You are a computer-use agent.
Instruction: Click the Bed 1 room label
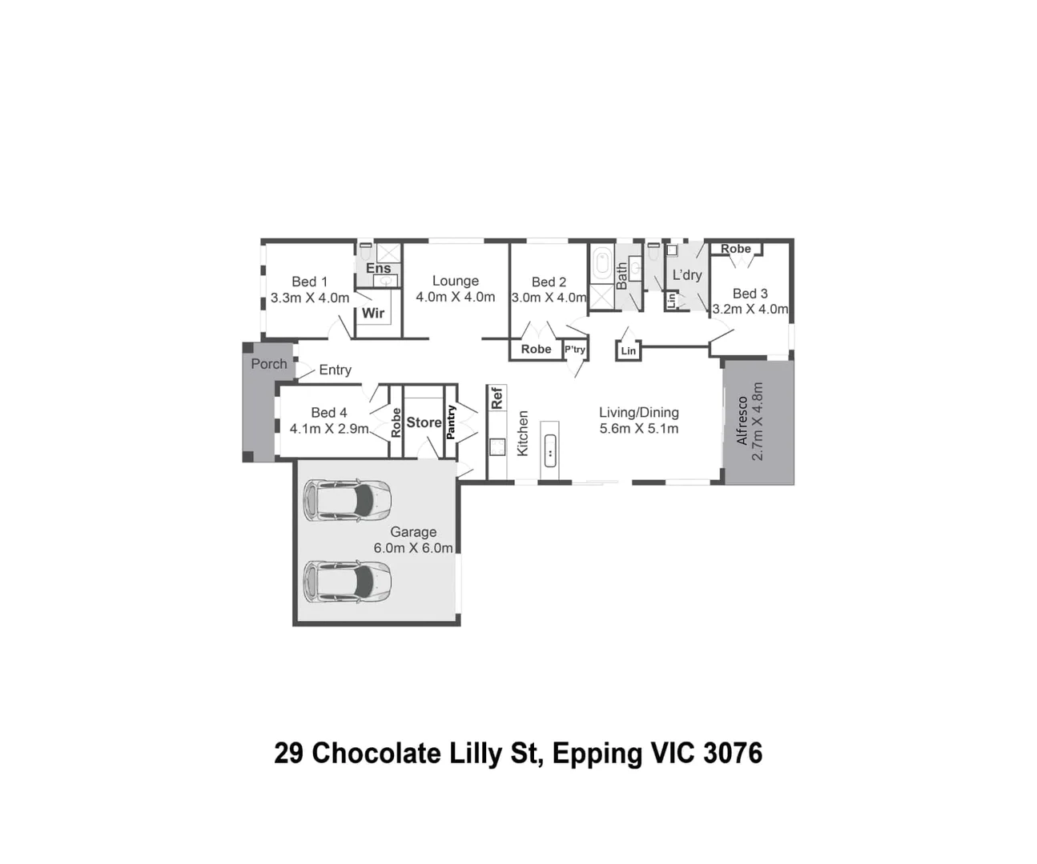(309, 282)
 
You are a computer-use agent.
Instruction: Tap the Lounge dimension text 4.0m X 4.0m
(455, 297)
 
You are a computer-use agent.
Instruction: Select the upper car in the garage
(347, 500)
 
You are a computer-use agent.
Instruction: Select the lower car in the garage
(347, 582)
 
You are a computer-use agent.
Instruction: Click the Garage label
(413, 532)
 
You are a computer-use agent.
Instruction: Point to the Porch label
(268, 364)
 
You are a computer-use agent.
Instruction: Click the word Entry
(335, 370)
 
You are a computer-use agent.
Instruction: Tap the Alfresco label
(742, 421)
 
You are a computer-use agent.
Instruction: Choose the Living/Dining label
(638, 413)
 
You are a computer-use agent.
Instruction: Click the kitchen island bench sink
(550, 451)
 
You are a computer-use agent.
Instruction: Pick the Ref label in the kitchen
(496, 398)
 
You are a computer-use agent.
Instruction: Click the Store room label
(424, 422)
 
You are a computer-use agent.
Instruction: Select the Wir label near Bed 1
(373, 313)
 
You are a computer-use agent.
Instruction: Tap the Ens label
(378, 268)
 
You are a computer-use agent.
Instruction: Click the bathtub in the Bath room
(601, 263)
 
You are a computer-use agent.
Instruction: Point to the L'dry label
(686, 275)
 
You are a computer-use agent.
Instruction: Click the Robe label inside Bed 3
(735, 249)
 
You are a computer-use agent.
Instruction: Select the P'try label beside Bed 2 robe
(575, 350)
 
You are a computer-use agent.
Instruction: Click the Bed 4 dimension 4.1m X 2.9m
(329, 429)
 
